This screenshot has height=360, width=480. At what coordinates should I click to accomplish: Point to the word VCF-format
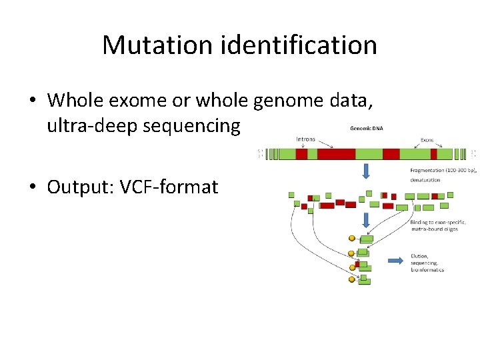point(171,187)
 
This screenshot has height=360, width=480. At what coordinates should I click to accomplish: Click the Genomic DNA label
point(365,128)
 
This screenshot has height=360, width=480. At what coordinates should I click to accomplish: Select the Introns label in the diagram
point(306,139)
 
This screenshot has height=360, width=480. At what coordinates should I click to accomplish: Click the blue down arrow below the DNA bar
point(365,171)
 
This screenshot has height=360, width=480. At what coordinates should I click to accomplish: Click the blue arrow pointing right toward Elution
point(395,260)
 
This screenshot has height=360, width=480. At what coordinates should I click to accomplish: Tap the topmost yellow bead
point(352,238)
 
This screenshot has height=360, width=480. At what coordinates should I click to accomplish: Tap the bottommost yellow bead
point(352,279)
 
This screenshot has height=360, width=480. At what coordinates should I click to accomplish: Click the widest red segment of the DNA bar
point(336,154)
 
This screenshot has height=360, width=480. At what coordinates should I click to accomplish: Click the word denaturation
point(425,180)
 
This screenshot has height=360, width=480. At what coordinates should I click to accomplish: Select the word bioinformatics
point(427,270)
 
